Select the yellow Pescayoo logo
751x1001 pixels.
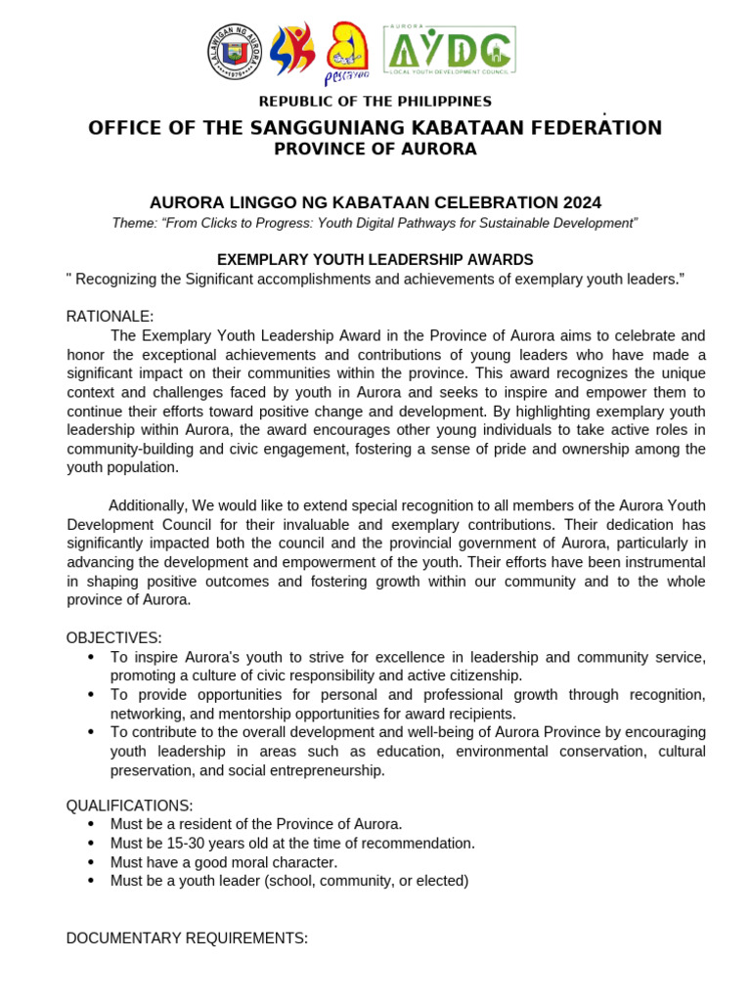[346, 53]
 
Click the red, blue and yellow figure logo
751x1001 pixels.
[292, 51]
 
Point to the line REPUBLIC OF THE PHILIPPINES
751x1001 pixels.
[375, 102]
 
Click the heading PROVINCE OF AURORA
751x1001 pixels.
[375, 150]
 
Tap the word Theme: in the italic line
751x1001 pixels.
[134, 223]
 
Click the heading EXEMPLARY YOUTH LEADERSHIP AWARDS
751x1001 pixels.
[375, 259]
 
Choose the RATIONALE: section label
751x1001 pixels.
[110, 316]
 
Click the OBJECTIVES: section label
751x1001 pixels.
[113, 638]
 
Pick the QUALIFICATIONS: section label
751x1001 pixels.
[129, 805]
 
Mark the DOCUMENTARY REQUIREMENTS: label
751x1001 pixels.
[187, 938]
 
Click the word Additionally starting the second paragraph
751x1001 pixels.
[147, 505]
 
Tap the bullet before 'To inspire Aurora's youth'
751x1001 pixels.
[91, 657]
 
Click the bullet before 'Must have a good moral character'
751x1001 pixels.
[91, 862]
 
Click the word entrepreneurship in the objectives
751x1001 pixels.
[325, 770]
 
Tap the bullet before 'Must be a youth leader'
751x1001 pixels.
[91, 881]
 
